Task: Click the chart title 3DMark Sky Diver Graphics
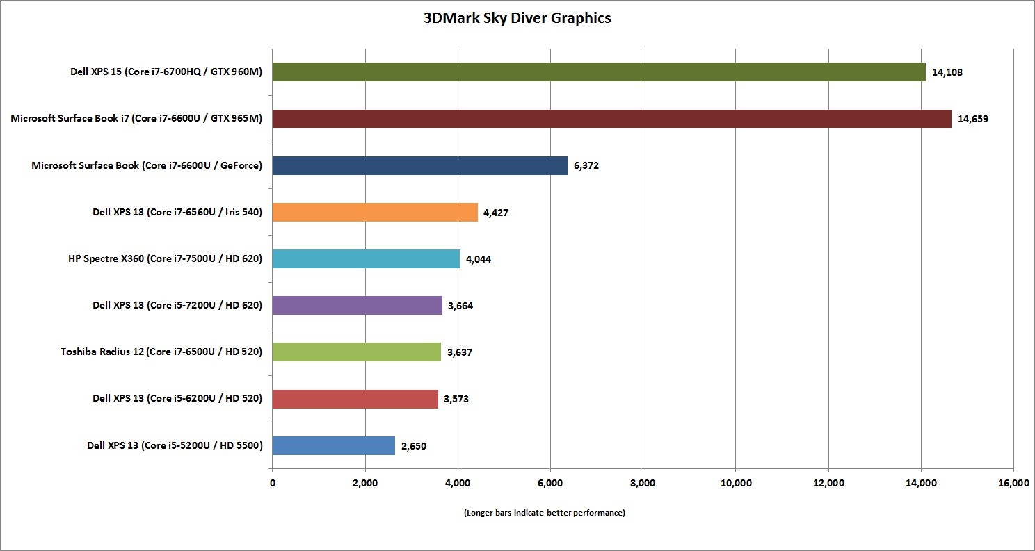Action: (517, 19)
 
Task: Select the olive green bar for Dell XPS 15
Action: (598, 72)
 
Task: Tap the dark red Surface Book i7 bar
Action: (611, 119)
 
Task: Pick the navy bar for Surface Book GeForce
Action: (419, 165)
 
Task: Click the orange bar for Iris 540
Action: (375, 212)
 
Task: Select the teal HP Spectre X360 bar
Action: (366, 258)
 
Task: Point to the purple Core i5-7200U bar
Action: (357, 305)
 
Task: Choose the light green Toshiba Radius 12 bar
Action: (356, 352)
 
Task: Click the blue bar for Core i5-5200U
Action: (333, 445)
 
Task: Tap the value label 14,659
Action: (972, 119)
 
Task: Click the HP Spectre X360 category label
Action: (161, 258)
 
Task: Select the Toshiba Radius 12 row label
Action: (161, 352)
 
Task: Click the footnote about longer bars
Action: (544, 513)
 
